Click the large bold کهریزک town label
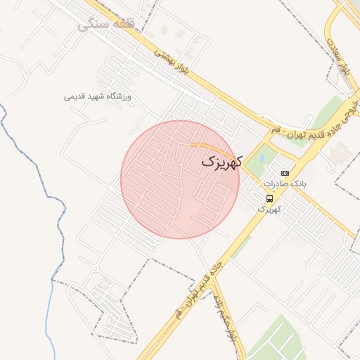coord(221,162)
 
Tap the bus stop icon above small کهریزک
coord(270,199)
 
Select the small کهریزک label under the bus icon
coord(269,209)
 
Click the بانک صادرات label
coord(285,184)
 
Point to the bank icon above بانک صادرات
coord(285,173)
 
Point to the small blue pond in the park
coord(262,159)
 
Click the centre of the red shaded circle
coord(180,179)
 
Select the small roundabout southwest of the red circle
coord(95,269)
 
